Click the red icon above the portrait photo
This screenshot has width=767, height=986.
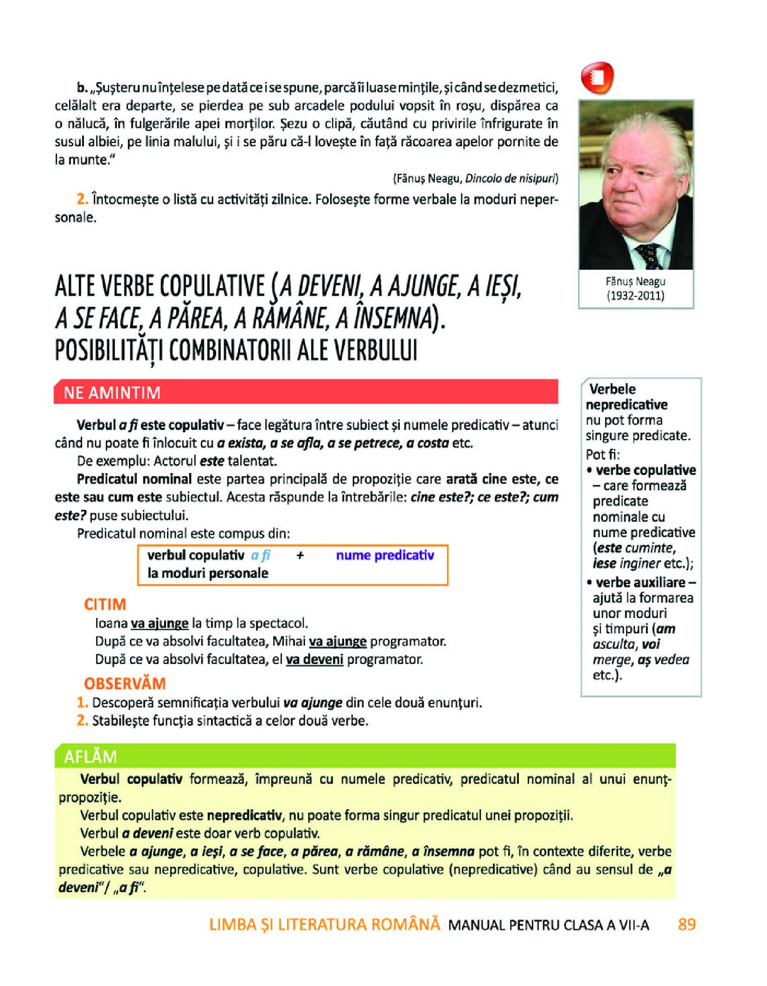click(597, 77)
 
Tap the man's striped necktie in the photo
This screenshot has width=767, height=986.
click(650, 256)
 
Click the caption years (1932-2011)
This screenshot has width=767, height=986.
click(635, 295)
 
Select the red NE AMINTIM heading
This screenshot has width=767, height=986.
click(112, 392)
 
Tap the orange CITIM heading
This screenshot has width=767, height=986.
click(105, 604)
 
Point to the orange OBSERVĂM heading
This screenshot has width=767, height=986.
click(125, 683)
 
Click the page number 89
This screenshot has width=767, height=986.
click(686, 924)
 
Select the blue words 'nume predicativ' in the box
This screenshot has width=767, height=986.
click(385, 555)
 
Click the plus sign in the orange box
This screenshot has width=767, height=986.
click(300, 556)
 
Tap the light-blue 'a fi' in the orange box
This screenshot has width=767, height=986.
click(261, 555)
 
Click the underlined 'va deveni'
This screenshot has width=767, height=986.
click(314, 659)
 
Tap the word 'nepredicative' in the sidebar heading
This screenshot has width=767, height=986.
click(626, 404)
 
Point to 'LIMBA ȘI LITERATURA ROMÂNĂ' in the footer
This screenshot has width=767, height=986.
click(324, 924)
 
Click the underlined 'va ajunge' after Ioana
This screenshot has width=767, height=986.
click(160, 623)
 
